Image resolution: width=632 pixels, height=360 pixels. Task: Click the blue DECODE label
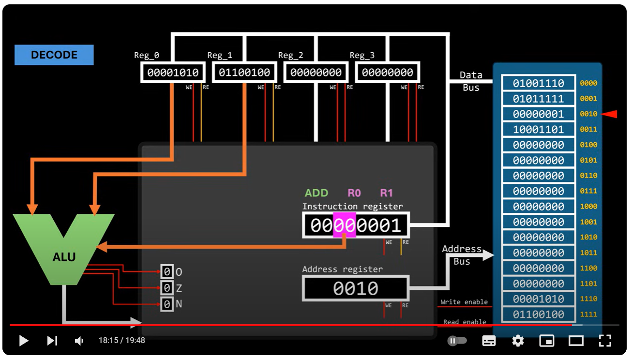point(54,55)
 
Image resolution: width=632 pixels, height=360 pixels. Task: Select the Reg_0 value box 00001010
point(173,73)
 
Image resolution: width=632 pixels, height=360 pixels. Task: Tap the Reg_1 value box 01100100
point(244,73)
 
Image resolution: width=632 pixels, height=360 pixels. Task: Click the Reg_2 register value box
point(316,73)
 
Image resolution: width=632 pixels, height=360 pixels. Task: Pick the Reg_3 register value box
point(388,73)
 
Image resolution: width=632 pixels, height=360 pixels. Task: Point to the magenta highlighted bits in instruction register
point(344,225)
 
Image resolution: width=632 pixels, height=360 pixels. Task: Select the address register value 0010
point(356,288)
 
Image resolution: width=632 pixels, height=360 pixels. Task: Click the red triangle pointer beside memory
point(610,114)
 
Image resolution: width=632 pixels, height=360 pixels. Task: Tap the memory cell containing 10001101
point(538,130)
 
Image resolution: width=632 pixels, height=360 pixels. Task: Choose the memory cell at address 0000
point(538,83)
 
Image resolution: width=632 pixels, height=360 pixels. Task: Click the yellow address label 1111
point(588,315)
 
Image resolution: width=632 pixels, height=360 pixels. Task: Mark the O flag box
point(167,272)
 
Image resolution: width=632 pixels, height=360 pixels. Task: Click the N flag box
point(167,305)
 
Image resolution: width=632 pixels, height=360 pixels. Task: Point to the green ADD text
point(316,193)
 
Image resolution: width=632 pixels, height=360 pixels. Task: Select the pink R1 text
point(386,193)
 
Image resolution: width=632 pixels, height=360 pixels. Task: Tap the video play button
point(23,341)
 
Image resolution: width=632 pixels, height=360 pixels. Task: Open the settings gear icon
point(518,341)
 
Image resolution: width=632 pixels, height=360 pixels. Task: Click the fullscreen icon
point(605,341)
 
